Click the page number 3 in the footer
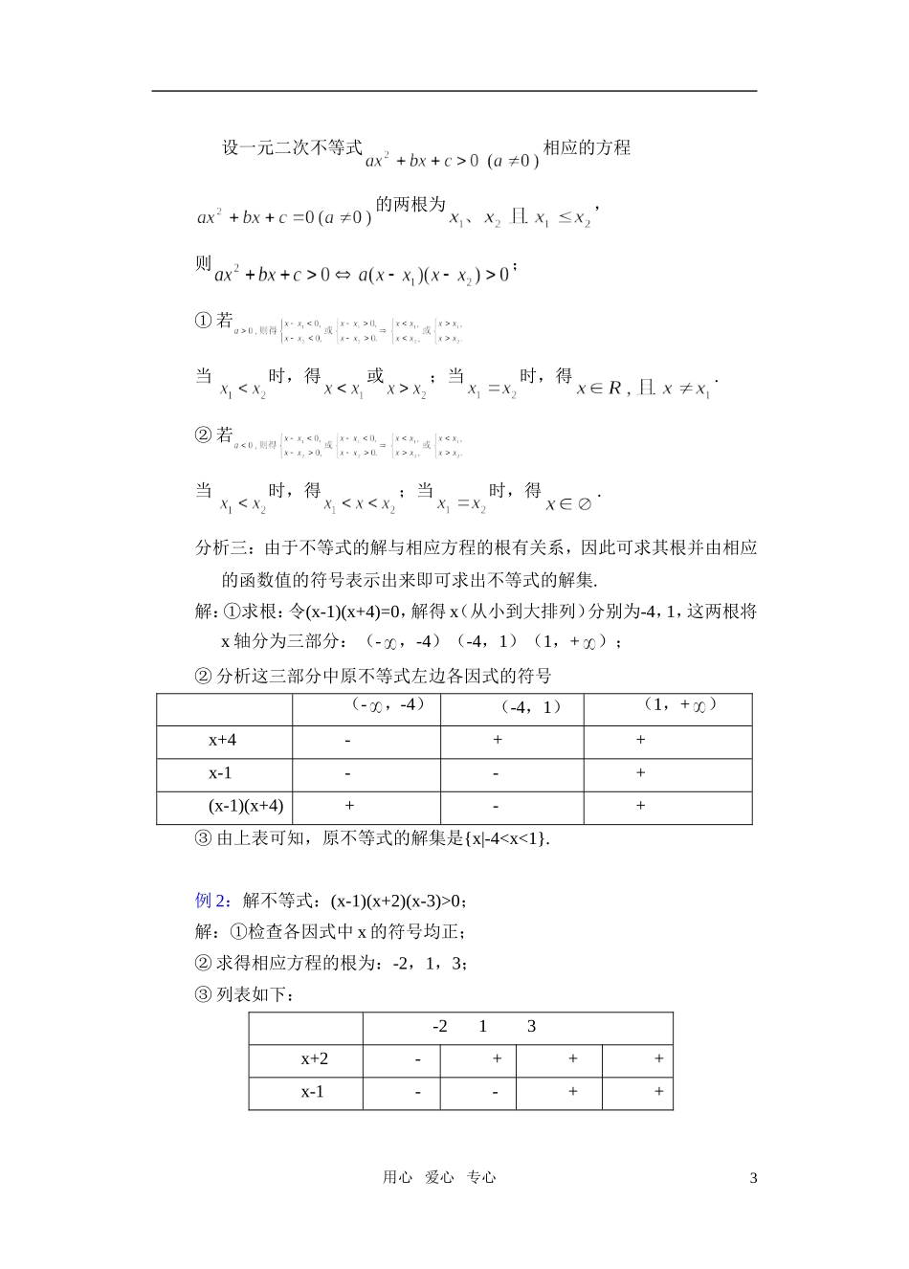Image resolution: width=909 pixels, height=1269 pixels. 753,1178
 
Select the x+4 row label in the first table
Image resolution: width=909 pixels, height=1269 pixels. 223,740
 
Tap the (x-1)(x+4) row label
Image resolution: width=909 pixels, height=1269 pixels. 246,806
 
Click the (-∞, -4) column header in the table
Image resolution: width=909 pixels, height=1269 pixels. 387,705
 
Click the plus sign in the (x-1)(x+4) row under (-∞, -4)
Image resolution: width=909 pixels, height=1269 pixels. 349,806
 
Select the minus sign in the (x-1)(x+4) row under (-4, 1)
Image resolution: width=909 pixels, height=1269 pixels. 497,806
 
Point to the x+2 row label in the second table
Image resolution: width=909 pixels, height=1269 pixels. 315,1058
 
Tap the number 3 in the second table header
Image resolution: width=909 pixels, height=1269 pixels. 532,1026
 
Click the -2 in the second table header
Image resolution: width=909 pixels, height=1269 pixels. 440,1026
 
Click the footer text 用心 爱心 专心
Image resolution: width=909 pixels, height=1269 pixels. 439,1178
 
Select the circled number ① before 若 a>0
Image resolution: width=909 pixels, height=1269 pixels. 203,322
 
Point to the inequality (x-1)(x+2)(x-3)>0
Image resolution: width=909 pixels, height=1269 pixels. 398,900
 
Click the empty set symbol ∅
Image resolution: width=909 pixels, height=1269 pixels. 584,503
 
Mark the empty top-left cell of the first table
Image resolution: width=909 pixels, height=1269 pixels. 224,708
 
